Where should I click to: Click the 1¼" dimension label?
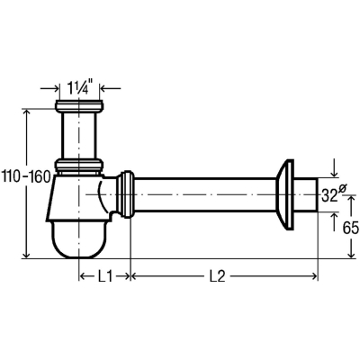coord(79,87)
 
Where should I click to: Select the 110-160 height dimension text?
coord(26,177)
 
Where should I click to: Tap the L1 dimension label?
coord(104,276)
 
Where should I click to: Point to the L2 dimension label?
coord(217,276)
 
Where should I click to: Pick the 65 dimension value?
coord(351,229)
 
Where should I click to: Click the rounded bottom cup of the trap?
coord(79,239)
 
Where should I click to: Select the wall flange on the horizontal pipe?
coord(284,195)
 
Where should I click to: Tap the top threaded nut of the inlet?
coord(79,105)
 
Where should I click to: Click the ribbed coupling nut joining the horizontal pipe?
coord(125,194)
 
